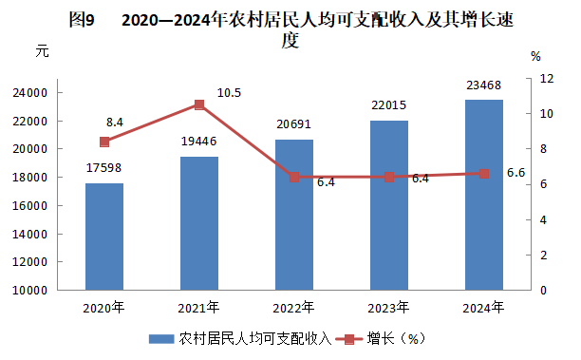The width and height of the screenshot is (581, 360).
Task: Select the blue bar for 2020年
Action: coord(104,237)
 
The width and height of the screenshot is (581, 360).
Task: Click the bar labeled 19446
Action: coord(199,223)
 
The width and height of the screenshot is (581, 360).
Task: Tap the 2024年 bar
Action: coord(484,195)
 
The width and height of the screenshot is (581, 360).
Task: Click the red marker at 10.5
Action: coord(199,104)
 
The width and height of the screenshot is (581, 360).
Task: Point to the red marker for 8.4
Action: coord(104,142)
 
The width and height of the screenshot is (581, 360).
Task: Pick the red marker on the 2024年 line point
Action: coord(484,174)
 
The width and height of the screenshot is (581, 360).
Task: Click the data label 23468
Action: coord(483,85)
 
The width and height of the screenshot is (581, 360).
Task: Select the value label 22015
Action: coord(388,105)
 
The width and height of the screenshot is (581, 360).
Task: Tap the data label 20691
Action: coord(294,124)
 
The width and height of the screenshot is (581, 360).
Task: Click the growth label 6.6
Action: coord(515,173)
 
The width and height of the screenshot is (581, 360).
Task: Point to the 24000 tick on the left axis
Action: coord(30,93)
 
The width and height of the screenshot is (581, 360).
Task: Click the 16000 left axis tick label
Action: coord(30,206)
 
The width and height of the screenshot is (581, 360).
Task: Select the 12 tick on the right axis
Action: coord(547,79)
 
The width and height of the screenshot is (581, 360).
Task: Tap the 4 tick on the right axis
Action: coord(543,219)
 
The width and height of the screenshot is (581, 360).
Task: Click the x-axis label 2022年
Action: coord(293,308)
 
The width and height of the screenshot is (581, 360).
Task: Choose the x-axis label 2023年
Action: coord(388,308)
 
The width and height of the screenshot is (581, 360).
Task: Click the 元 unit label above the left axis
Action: coord(42,50)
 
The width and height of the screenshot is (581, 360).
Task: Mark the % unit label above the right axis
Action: coord(535,56)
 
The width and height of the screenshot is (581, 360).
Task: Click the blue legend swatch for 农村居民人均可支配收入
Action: coord(161,339)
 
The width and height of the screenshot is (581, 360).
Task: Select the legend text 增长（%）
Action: coord(396,338)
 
